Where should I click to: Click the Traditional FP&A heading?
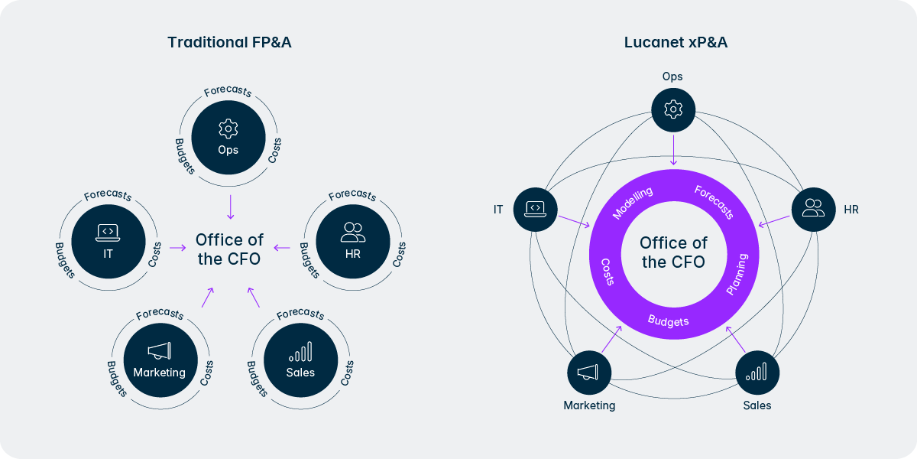(229, 43)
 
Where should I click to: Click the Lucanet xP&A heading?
(676, 43)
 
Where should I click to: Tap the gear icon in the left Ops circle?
(228, 127)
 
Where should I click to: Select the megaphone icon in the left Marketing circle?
(159, 351)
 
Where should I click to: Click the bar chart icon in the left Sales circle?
(300, 352)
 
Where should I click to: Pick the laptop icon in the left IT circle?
(108, 230)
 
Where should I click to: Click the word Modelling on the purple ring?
(633, 203)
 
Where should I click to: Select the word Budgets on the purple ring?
(668, 321)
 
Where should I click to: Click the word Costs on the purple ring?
(608, 271)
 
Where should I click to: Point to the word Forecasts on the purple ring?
(714, 201)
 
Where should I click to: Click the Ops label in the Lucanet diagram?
(672, 76)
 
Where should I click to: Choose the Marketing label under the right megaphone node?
(589, 405)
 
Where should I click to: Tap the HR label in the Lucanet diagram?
(851, 209)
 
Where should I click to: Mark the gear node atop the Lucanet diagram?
(672, 109)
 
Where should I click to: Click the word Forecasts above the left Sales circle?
(300, 314)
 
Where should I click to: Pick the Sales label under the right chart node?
(757, 405)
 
